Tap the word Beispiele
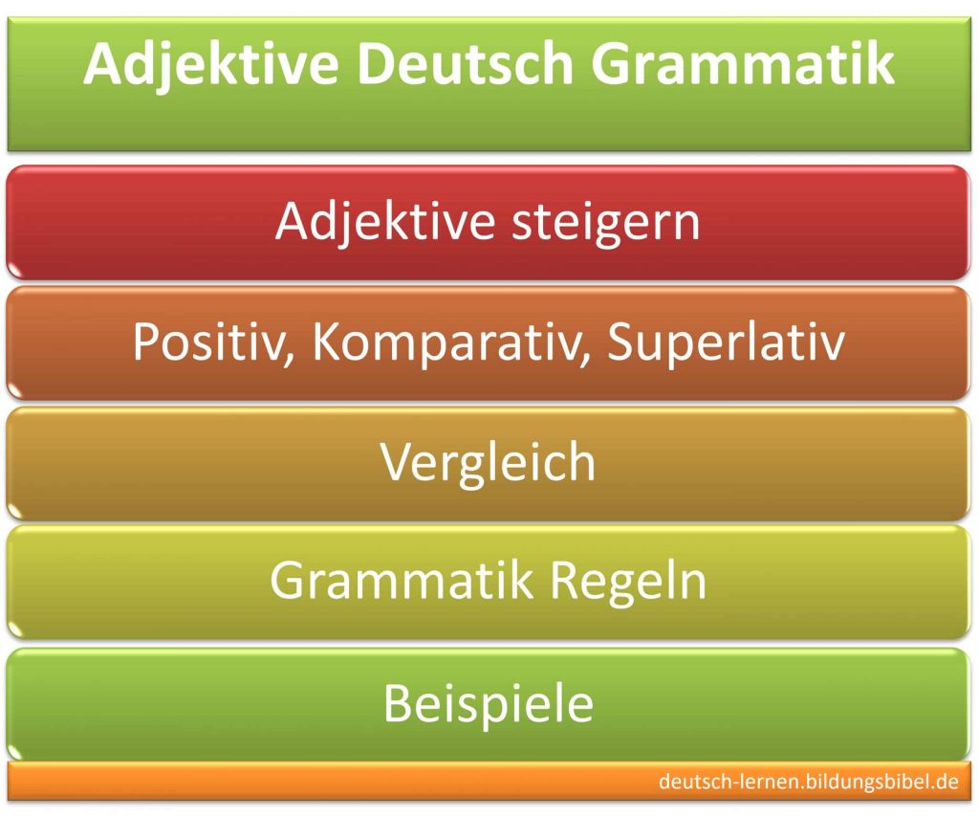click(489, 704)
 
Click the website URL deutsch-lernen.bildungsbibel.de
click(808, 783)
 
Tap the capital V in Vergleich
click(397, 463)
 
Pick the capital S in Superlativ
click(622, 342)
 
